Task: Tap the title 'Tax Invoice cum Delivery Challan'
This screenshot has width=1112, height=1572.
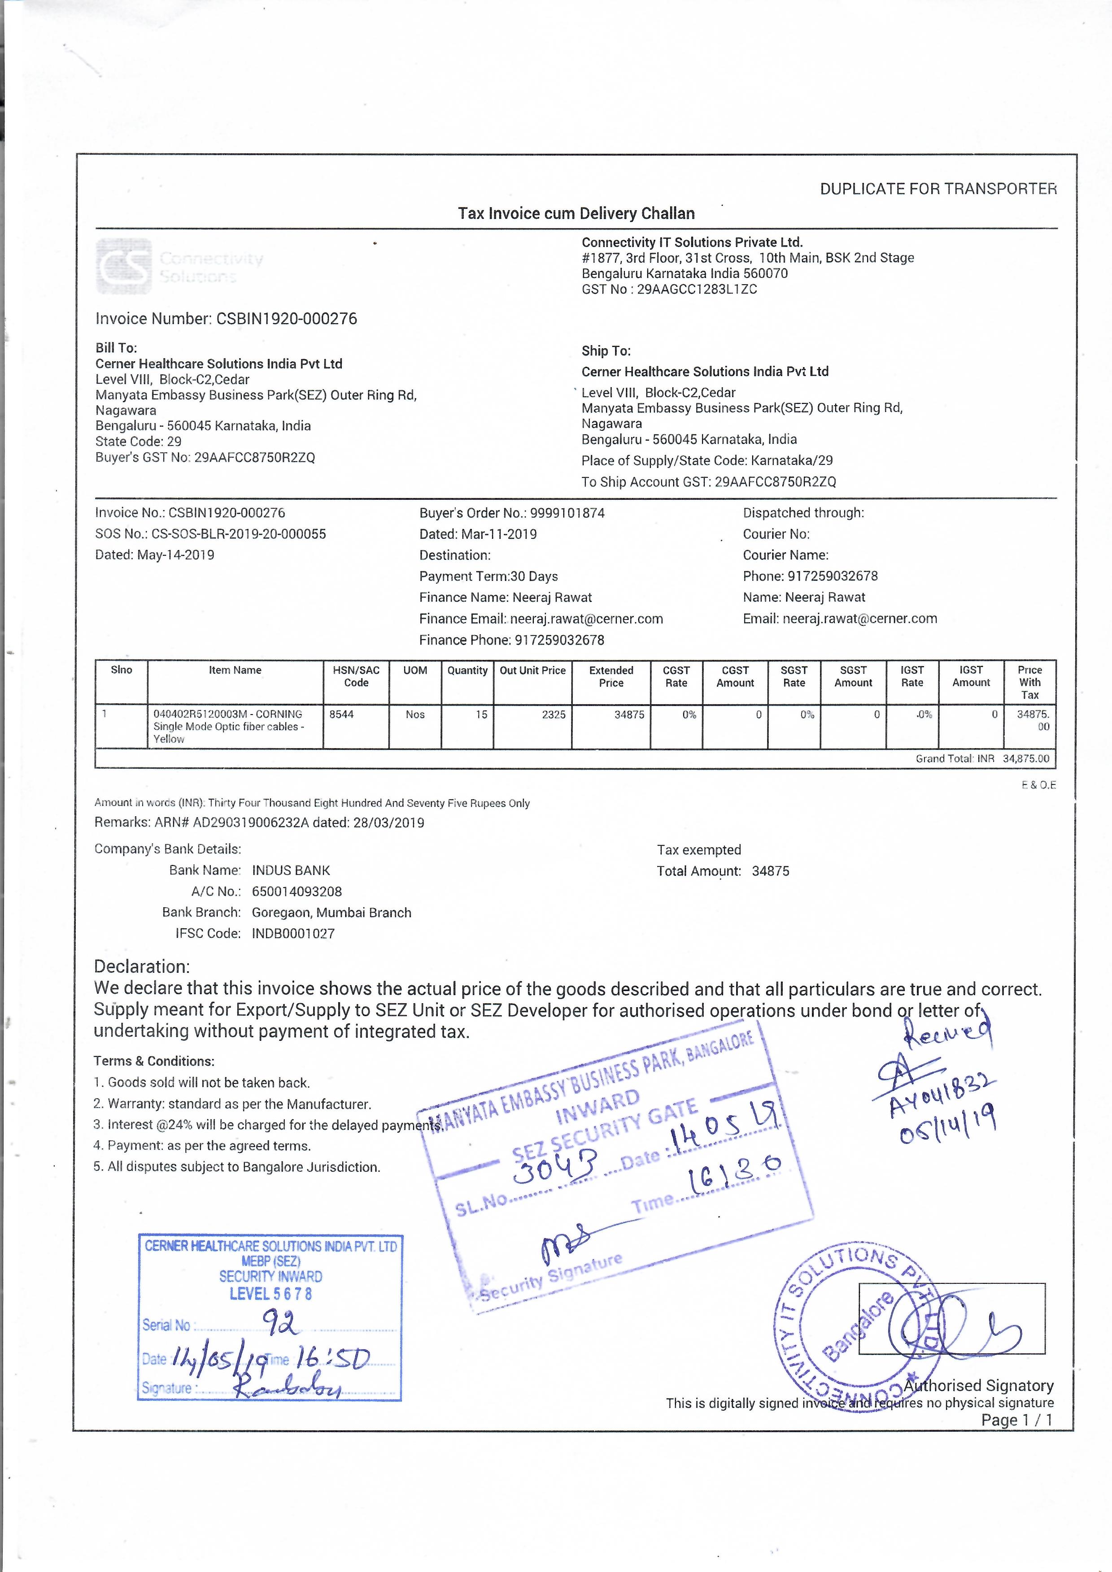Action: (x=576, y=214)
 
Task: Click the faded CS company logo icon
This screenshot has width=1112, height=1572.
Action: (x=124, y=266)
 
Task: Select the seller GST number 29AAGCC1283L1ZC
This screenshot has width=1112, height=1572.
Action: (x=697, y=289)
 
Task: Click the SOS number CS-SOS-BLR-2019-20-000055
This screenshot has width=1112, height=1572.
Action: (x=239, y=534)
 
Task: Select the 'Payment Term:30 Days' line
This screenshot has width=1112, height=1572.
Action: (x=488, y=576)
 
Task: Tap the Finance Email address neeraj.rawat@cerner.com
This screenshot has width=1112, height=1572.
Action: (x=586, y=619)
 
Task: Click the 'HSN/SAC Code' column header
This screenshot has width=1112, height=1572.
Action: (x=356, y=676)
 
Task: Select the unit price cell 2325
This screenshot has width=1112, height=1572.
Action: (x=554, y=715)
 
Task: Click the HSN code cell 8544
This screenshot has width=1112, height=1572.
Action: (x=341, y=715)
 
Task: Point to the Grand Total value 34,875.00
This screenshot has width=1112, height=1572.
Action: (x=1026, y=758)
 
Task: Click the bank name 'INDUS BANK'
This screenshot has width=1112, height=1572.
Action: (x=291, y=870)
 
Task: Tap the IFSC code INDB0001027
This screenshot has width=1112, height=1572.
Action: (x=293, y=933)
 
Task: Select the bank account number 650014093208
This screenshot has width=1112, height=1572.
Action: (x=297, y=892)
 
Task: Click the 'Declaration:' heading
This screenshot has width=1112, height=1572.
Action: (x=141, y=967)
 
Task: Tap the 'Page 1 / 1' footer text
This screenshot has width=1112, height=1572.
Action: (x=1017, y=1420)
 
